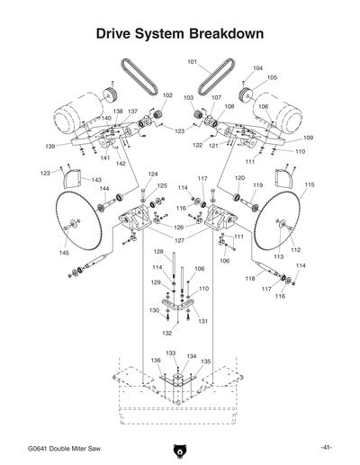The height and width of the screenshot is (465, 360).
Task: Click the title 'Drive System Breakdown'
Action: pyautogui.click(x=180, y=33)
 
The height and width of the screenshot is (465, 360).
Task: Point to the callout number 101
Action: pyautogui.click(x=192, y=61)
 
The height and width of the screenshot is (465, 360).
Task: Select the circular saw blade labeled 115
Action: pyautogui.click(x=283, y=225)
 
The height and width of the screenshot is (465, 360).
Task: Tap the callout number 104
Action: pyautogui.click(x=258, y=68)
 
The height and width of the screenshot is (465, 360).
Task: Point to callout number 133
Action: pyautogui.click(x=170, y=353)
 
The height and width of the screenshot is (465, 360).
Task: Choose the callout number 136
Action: pyautogui.click(x=155, y=362)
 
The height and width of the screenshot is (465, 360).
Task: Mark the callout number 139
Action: pyautogui.click(x=50, y=146)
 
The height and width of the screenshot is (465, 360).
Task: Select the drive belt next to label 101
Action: pyautogui.click(x=218, y=76)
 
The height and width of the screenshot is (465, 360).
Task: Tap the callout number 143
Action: pyautogui.click(x=96, y=180)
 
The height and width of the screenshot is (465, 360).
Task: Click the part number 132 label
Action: pyautogui.click(x=167, y=332)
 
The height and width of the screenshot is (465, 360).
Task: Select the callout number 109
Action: pyautogui.click(x=308, y=138)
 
